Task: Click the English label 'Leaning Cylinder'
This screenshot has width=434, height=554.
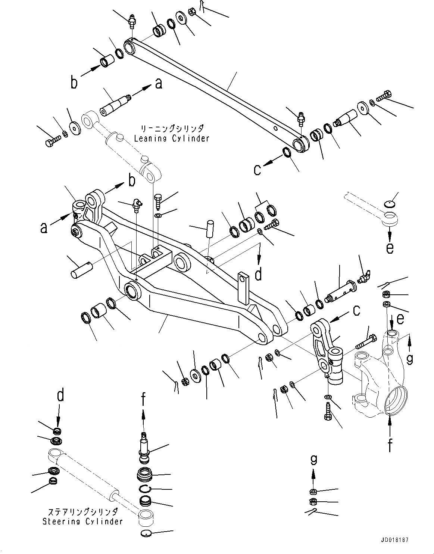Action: (171, 138)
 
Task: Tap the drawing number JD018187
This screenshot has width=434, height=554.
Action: (395, 540)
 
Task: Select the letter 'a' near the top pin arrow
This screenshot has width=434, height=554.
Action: (159, 84)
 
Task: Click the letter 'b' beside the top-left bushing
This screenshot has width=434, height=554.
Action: (74, 83)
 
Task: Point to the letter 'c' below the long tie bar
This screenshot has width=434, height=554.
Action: (257, 170)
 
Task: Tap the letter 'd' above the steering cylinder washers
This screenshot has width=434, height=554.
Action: (60, 394)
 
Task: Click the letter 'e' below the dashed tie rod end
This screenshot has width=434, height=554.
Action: (390, 248)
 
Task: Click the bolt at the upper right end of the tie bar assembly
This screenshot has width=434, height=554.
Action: (384, 96)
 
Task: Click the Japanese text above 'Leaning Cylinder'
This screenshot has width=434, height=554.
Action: (171, 129)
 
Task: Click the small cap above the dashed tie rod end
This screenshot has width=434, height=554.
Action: (390, 204)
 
